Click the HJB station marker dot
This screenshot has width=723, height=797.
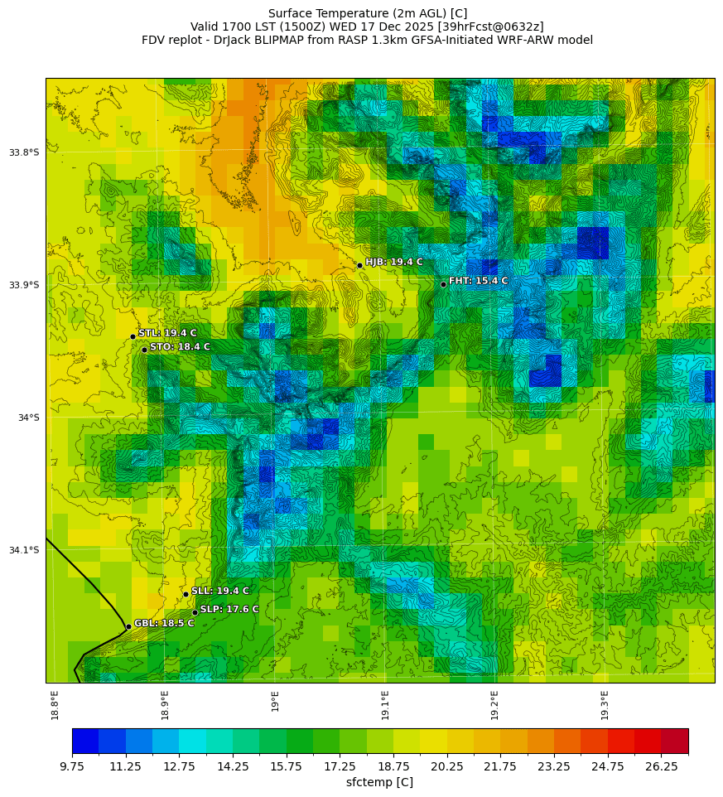click(x=359, y=265)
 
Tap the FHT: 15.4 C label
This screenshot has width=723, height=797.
click(x=478, y=281)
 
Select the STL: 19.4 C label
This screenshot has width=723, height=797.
click(x=167, y=333)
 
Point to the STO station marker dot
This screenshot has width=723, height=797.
click(x=144, y=350)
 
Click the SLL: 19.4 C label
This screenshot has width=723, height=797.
click(x=219, y=591)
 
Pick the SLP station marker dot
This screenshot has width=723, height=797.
click(x=195, y=612)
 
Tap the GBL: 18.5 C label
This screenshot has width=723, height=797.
click(x=164, y=623)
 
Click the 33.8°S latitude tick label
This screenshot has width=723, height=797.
click(x=24, y=152)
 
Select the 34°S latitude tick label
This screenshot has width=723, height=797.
click(x=28, y=418)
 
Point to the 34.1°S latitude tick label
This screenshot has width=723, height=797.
click(x=24, y=550)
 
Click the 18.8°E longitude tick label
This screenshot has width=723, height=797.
click(x=55, y=705)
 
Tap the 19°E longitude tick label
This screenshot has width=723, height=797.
click(x=275, y=701)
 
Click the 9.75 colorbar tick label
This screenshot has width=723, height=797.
click(x=72, y=766)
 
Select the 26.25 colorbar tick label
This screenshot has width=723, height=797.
click(x=661, y=766)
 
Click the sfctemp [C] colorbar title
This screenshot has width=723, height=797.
click(x=379, y=782)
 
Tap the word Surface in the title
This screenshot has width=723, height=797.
click(x=292, y=13)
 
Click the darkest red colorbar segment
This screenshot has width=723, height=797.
click(x=674, y=741)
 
